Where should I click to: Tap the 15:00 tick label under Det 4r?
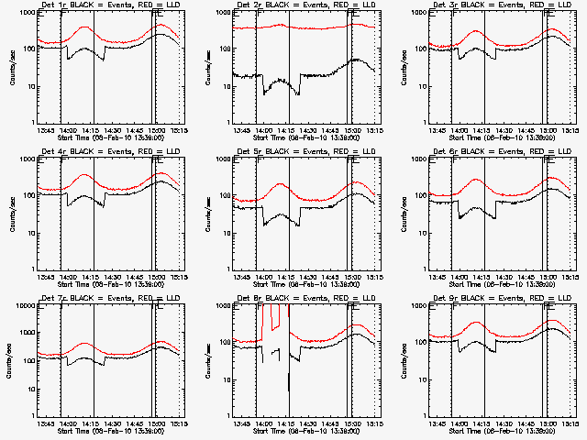pos(157,278)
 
